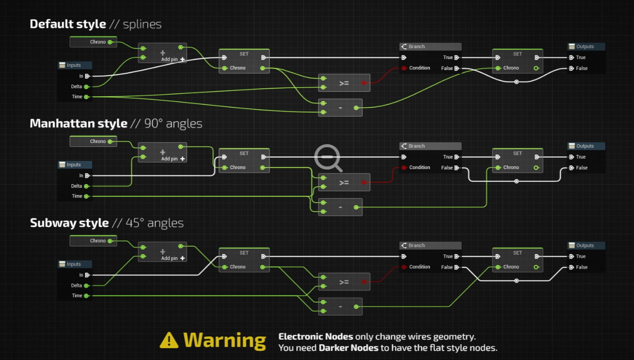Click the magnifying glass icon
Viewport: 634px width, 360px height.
click(329, 157)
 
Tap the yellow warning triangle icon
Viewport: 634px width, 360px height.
click(169, 340)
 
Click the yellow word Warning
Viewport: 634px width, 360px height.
click(225, 340)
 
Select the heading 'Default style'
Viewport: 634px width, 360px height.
click(68, 24)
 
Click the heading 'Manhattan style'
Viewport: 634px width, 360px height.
click(79, 124)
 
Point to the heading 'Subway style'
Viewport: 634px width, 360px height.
click(70, 223)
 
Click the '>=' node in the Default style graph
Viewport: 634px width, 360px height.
click(344, 83)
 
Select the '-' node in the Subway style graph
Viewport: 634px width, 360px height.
click(340, 307)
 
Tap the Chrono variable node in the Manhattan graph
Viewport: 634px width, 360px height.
click(94, 141)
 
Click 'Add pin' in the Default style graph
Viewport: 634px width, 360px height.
click(170, 60)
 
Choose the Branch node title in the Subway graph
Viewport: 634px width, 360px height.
click(416, 245)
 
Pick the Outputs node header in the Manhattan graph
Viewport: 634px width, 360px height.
click(586, 146)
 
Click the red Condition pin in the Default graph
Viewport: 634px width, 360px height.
click(404, 68)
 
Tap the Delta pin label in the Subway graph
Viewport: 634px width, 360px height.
click(76, 285)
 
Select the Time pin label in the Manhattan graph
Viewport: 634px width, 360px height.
click(77, 196)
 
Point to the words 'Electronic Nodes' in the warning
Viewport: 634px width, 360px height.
click(315, 337)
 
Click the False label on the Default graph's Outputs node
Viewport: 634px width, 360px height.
click(582, 69)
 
